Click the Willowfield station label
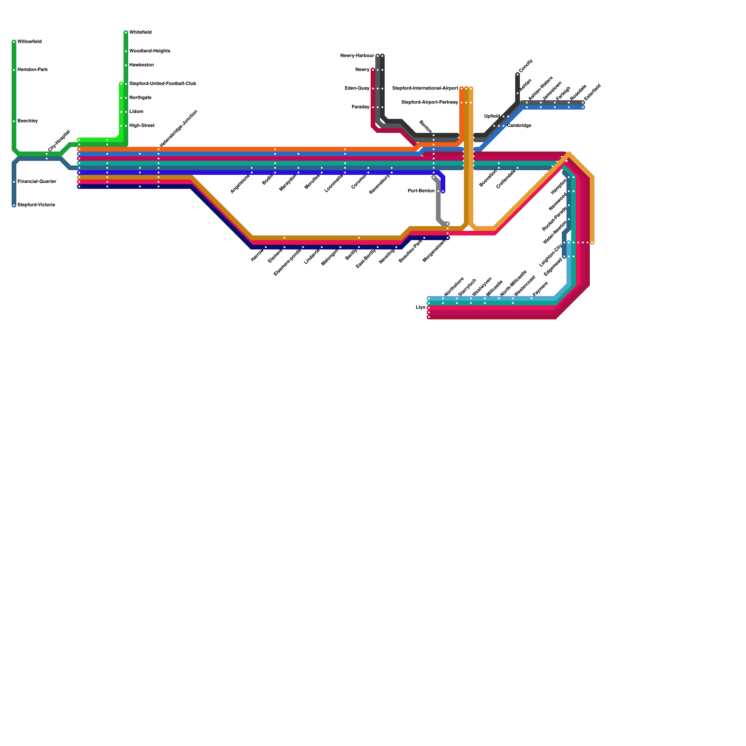tap(29, 42)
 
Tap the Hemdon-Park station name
tap(33, 70)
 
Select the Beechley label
tap(28, 121)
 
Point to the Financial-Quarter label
tap(37, 182)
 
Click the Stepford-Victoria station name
tap(36, 205)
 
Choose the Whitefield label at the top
tap(140, 33)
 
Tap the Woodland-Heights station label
tap(150, 51)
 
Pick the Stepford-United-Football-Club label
tap(162, 84)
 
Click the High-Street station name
tap(142, 126)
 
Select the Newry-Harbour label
tap(357, 56)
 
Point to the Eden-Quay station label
tap(357, 89)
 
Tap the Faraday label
tap(360, 107)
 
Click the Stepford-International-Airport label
tap(425, 89)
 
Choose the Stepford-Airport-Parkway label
tap(429, 103)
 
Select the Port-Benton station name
tap(421, 191)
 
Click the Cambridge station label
tap(519, 126)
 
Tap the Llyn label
tap(420, 308)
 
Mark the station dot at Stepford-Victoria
tap(14, 205)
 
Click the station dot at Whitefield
tap(126, 33)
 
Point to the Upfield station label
tap(492, 117)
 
